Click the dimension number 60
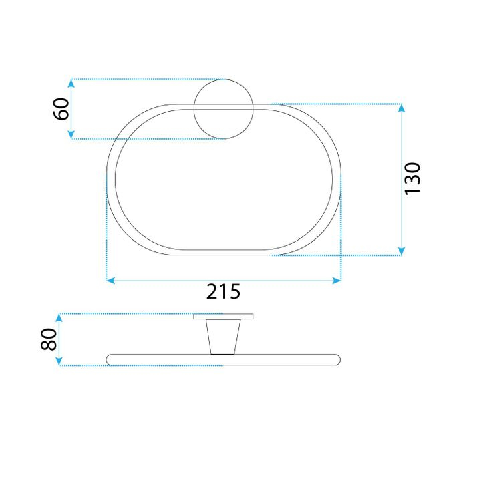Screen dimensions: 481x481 click(61, 109)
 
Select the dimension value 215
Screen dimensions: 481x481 click(222, 292)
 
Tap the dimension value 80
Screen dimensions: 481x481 click(48, 339)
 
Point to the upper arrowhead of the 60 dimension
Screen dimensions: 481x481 click(71, 83)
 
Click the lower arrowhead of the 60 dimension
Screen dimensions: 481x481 click(71, 136)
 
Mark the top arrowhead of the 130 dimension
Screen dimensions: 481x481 click(401, 108)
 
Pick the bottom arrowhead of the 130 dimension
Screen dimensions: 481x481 click(401, 251)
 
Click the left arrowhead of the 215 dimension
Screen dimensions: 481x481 click(111, 281)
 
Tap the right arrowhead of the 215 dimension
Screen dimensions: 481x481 click(337, 281)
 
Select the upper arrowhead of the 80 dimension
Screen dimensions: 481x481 click(59, 317)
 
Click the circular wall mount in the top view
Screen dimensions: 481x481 click(223, 109)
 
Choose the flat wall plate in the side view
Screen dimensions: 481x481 click(223, 316)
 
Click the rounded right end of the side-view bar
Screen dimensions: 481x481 click(336, 360)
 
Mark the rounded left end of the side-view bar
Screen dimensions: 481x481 click(111, 360)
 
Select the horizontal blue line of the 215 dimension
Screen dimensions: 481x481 click(167, 281)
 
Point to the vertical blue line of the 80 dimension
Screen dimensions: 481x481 click(59, 339)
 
